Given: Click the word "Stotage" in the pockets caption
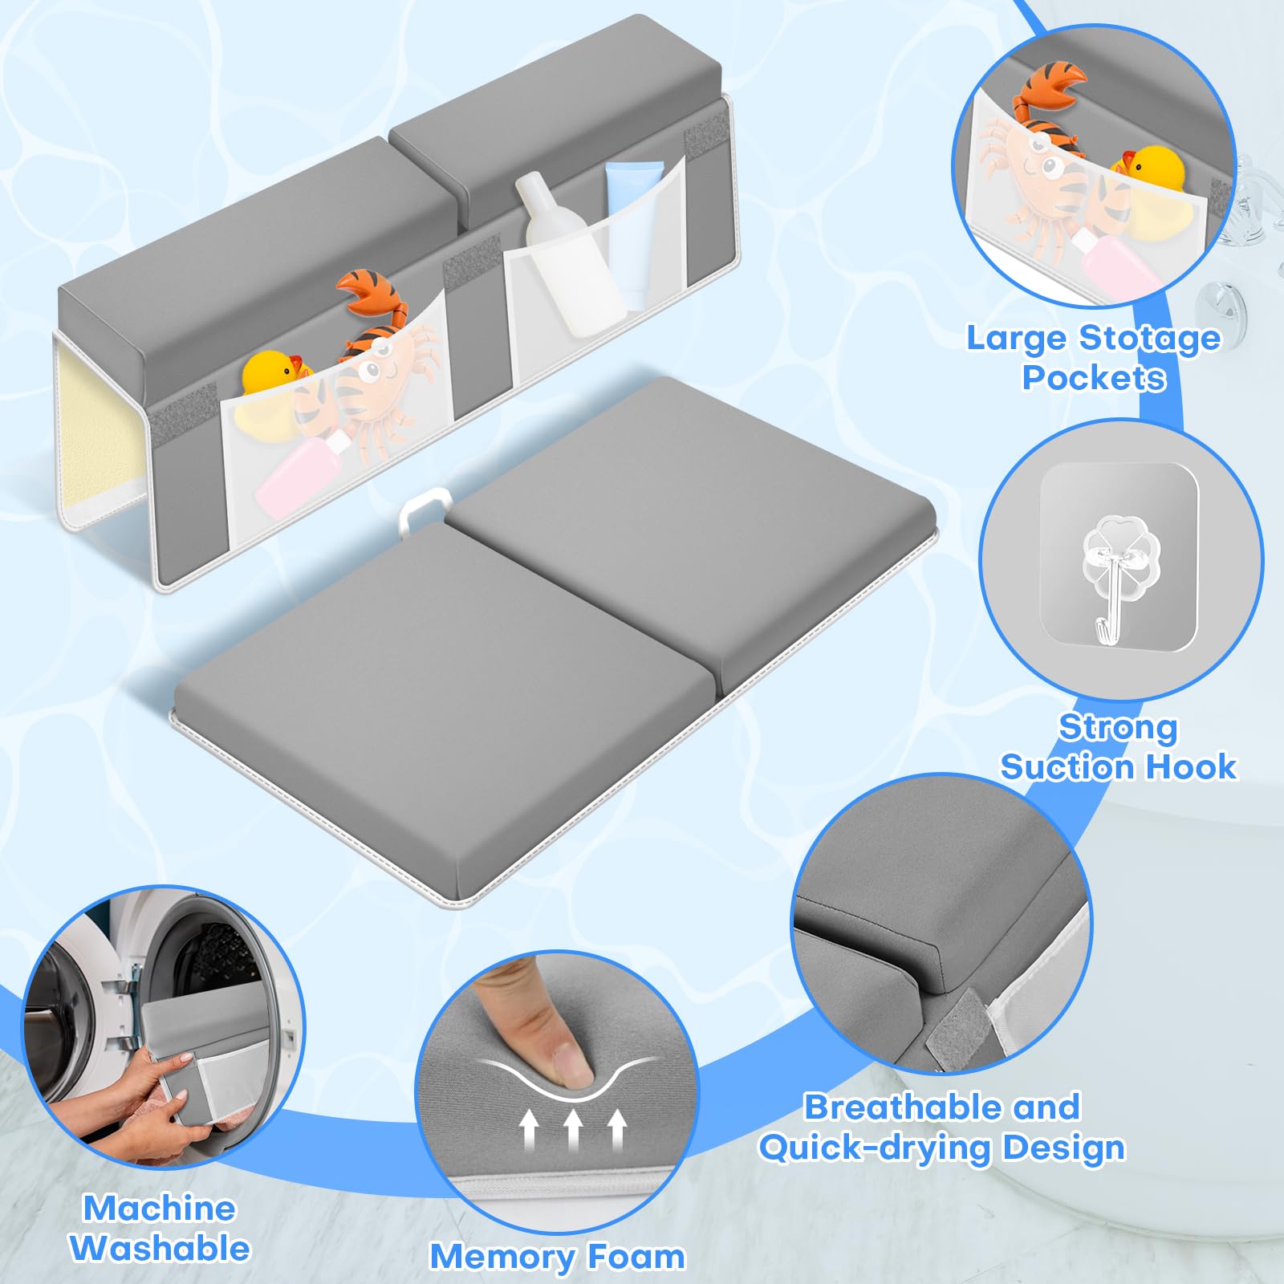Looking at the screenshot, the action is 1149,339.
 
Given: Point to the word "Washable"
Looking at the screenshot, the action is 160,1249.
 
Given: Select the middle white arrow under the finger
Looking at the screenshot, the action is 572,1130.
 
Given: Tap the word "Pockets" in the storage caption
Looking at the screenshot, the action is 1094,377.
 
